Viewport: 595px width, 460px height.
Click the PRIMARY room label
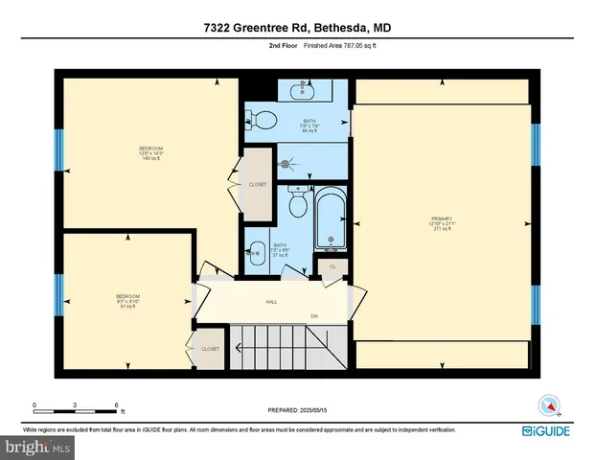442,224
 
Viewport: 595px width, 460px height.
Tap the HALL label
272,303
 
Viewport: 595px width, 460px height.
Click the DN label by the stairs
313,316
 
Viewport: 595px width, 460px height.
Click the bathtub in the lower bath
331,219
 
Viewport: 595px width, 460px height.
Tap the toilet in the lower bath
298,203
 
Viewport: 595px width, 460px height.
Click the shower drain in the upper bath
285,164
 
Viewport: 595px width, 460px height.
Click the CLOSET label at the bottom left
209,350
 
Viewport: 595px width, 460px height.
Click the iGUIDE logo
547,431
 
